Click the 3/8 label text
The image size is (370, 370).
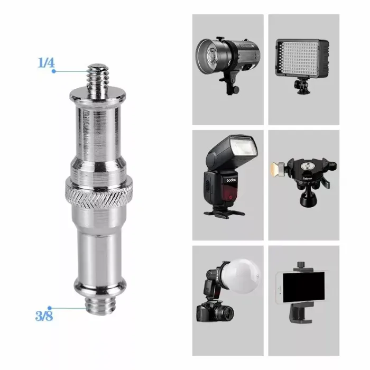(x=44, y=317)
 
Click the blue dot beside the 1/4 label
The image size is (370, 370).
(x=54, y=71)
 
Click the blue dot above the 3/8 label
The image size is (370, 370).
(x=50, y=307)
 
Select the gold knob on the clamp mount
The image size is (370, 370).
(x=275, y=170)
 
